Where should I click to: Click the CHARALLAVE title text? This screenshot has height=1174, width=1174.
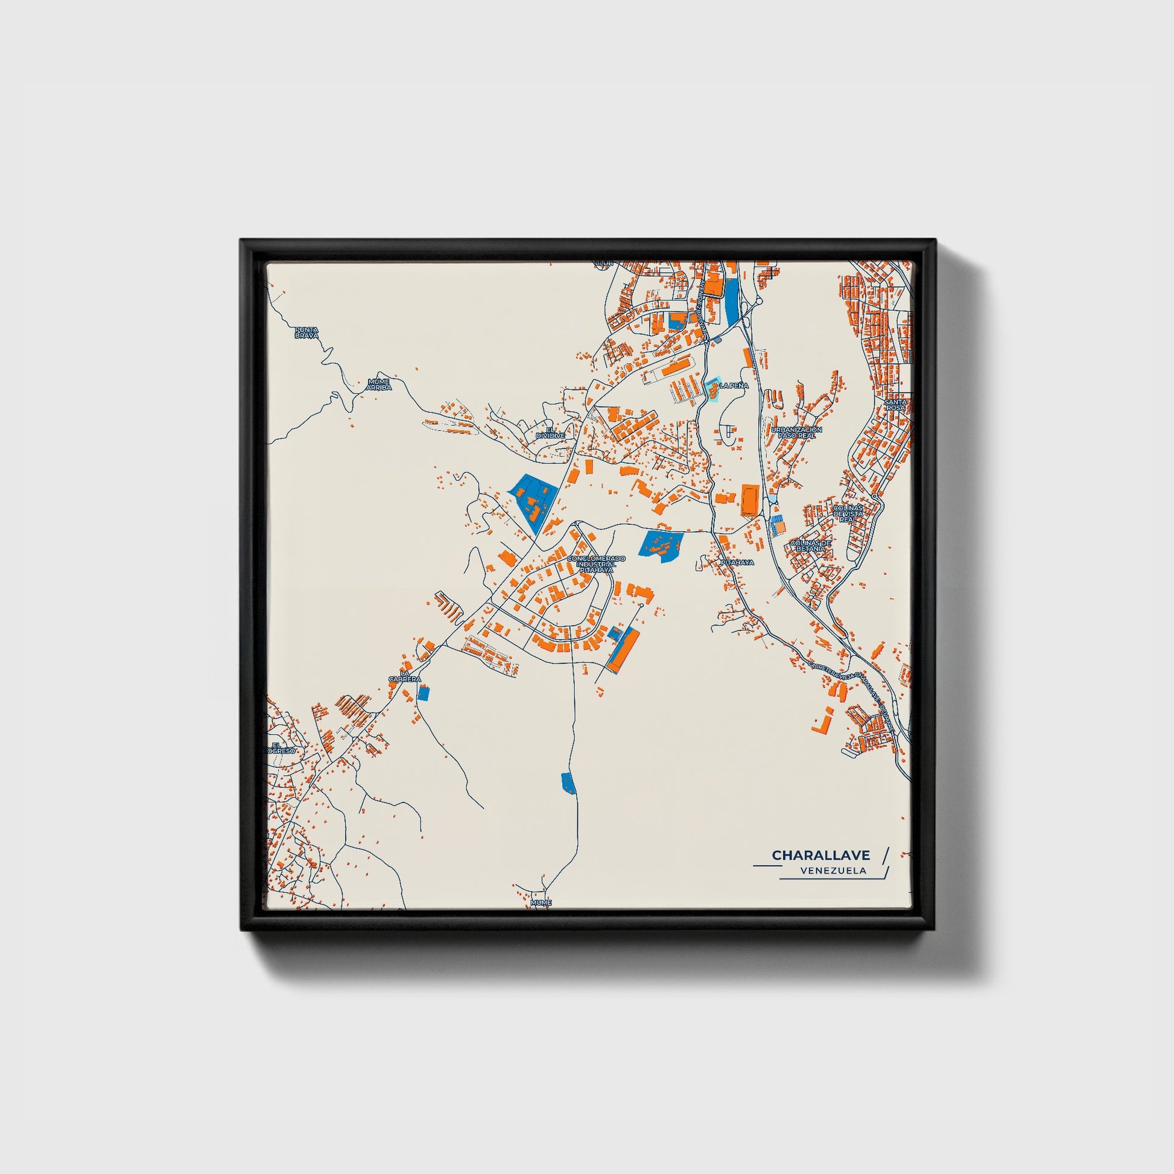(x=820, y=855)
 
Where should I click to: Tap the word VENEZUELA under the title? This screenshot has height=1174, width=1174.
(x=834, y=871)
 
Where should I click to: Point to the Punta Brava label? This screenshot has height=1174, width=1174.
(x=306, y=332)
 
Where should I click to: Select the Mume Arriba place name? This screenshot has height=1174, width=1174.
(x=379, y=385)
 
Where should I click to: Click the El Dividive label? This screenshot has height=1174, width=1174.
(x=551, y=433)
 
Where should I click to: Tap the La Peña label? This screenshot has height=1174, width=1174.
(x=734, y=386)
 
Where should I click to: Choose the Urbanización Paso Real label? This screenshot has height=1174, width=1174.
(x=796, y=432)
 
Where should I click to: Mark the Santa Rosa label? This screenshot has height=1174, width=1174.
(x=895, y=404)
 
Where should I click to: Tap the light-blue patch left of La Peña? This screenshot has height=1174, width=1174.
(x=711, y=390)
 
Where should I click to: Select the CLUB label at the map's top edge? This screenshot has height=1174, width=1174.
(x=603, y=264)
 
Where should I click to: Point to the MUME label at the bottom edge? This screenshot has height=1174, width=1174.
(x=541, y=903)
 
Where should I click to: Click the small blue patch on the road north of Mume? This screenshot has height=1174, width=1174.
(x=567, y=782)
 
